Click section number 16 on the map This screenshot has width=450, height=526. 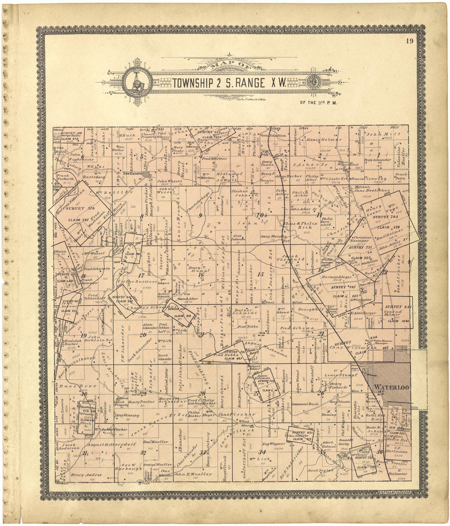click(200, 275)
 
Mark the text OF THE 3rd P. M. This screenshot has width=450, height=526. click(318, 103)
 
